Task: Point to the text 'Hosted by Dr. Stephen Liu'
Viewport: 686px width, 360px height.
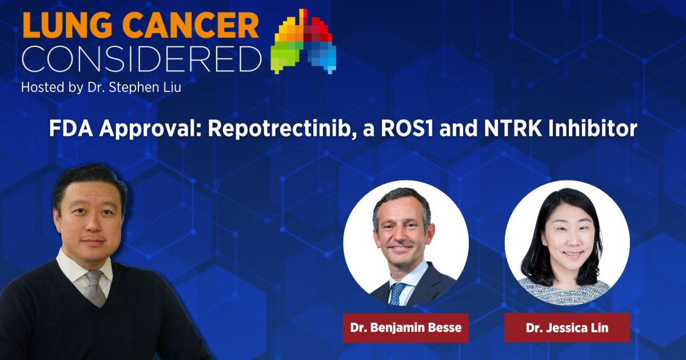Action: point(101,89)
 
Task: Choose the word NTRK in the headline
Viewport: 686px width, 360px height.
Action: point(509,129)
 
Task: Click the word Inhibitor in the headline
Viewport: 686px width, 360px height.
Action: point(593,129)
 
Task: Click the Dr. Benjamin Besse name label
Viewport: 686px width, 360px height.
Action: point(405,328)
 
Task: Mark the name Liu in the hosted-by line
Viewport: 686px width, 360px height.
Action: point(170,89)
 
